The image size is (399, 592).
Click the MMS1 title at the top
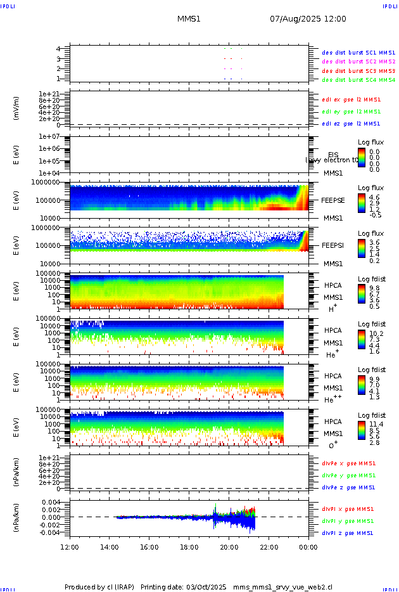point(189,19)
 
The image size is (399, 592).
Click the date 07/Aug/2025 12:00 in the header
point(308,19)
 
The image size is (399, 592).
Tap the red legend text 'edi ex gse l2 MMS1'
point(351,100)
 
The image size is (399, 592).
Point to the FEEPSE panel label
point(333,200)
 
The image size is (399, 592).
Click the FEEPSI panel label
point(333,245)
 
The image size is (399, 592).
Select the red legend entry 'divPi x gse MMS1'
point(348,509)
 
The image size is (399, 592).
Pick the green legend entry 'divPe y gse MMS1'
point(348,475)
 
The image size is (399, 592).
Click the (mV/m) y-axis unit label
point(16,108)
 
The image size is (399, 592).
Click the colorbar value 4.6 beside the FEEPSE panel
point(375,198)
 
